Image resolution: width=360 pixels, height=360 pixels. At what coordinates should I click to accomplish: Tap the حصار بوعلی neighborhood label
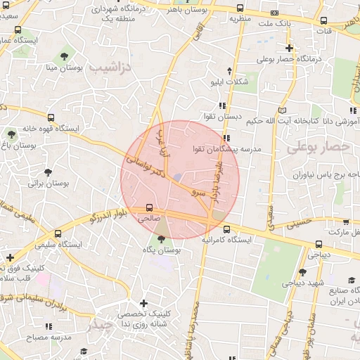click(x=318, y=147)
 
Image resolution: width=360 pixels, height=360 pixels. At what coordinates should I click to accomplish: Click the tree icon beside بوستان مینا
click(x=65, y=54)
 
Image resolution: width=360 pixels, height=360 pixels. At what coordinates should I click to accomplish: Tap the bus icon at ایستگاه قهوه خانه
click(x=51, y=117)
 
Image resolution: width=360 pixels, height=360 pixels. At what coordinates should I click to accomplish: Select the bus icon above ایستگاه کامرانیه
click(x=226, y=229)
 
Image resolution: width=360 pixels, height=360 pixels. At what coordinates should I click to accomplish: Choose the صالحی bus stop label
click(x=149, y=219)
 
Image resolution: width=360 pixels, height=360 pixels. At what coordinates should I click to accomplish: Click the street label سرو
click(x=200, y=191)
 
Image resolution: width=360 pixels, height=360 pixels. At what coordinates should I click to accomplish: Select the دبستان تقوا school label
click(x=224, y=116)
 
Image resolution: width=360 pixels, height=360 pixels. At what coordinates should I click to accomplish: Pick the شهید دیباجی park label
click(x=300, y=283)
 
